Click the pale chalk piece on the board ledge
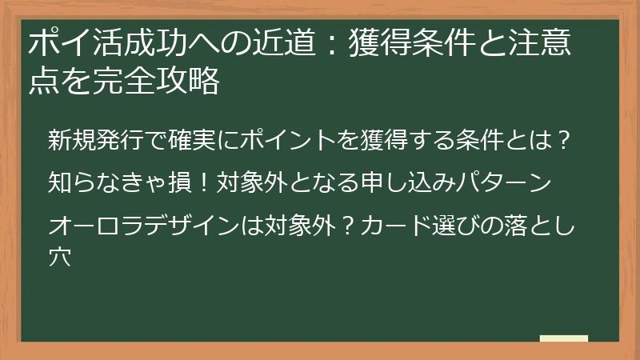pyautogui.click(x=564, y=338)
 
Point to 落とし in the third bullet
pyautogui.click(x=530, y=222)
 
